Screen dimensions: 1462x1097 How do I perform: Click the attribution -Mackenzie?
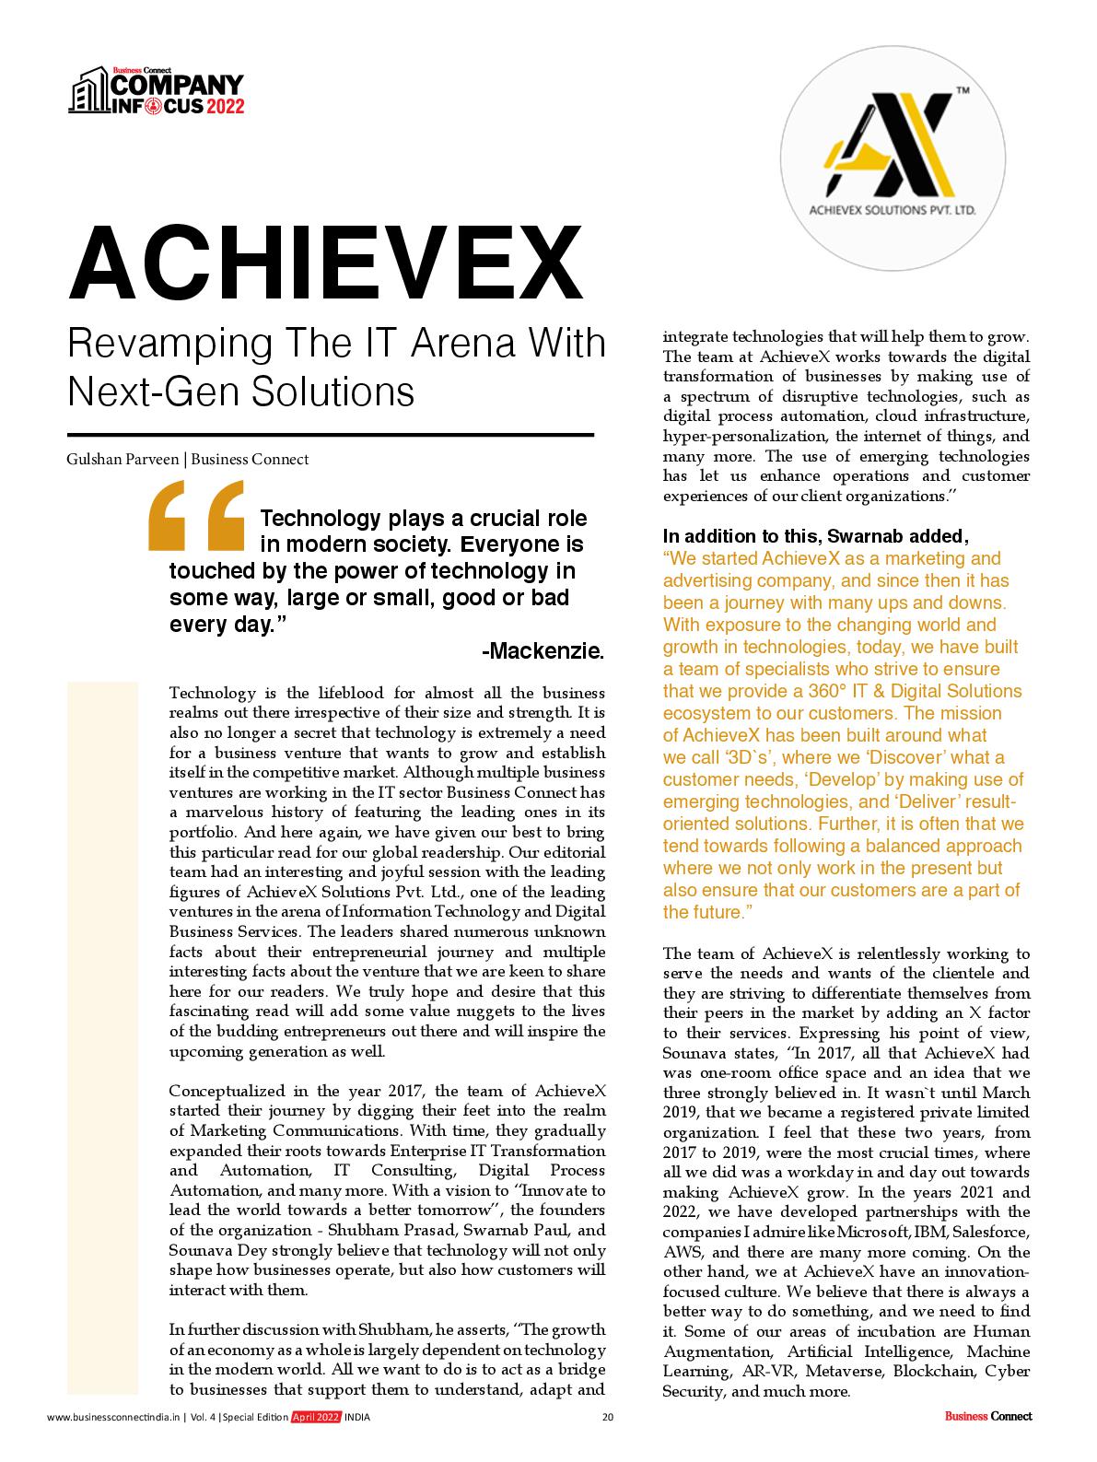(x=543, y=651)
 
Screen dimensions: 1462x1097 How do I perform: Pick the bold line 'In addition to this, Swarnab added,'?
(x=815, y=536)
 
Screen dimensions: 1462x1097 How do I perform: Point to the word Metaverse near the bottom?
(x=840, y=1371)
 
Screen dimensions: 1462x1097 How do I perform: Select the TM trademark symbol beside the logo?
(x=963, y=91)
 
